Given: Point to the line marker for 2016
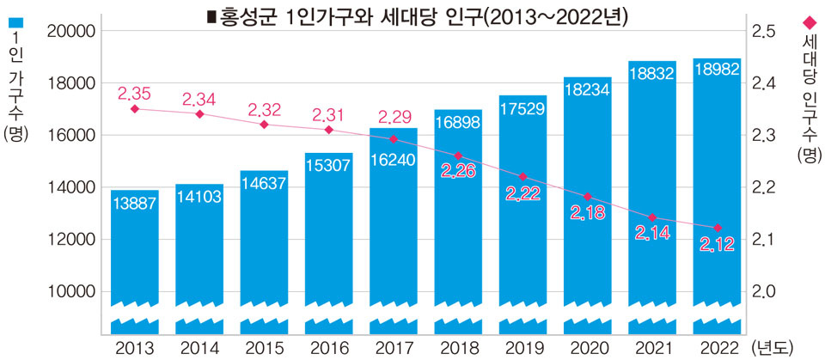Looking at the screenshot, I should coord(329,130).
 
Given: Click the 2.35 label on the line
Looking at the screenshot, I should coord(135,93).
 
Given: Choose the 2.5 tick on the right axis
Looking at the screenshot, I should coord(765,32).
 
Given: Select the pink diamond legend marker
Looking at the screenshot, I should coord(809,21).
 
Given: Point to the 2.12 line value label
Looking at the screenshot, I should coord(717,247).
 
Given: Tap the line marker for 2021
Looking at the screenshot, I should coord(652,217).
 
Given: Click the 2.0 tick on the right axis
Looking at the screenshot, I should coord(765,292).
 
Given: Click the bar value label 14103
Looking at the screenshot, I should coord(199,197).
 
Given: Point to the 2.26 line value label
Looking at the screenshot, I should coord(459,172).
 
